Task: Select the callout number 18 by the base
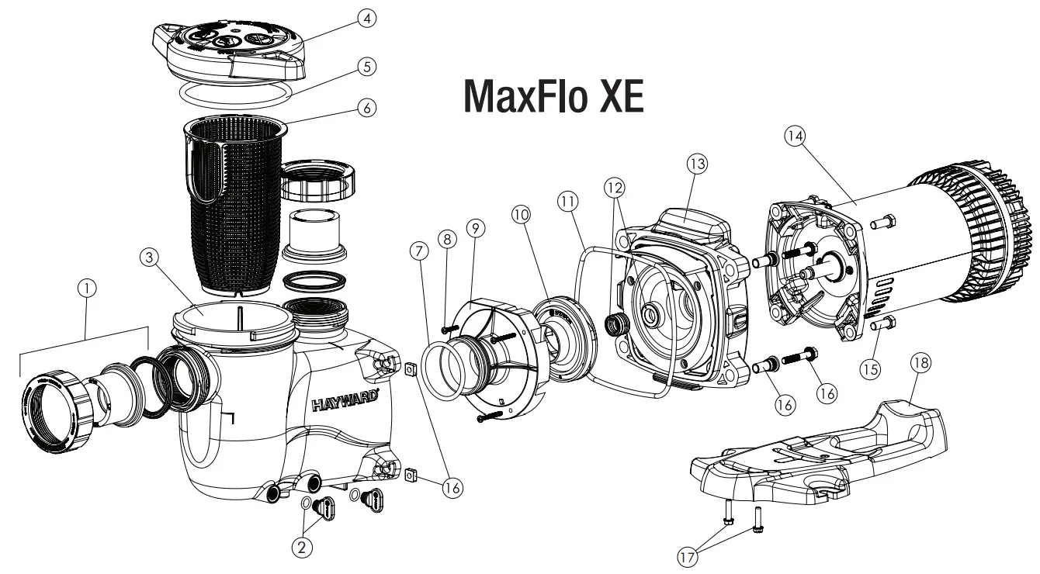pos(922,362)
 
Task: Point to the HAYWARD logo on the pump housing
pos(345,403)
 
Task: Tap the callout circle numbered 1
pos(88,288)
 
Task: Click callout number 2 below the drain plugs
pos(303,547)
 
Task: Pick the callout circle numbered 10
pos(520,213)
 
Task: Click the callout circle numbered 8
pos(448,239)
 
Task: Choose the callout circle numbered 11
pos(567,200)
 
